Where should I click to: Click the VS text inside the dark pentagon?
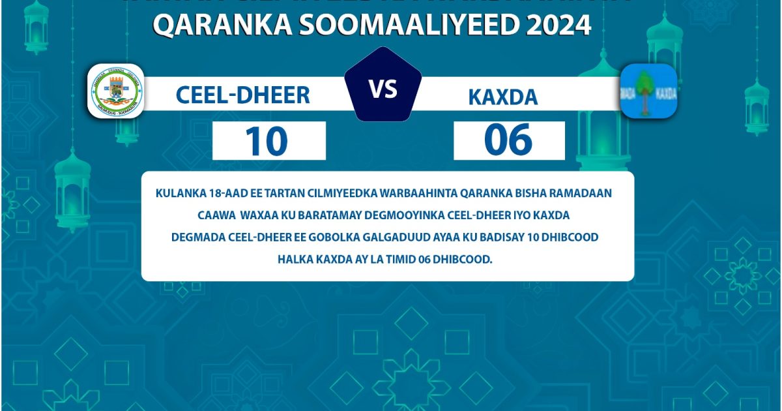click(x=383, y=89)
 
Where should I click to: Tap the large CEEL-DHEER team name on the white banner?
click(x=242, y=95)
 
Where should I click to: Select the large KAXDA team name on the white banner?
click(x=502, y=97)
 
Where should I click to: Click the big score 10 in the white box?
click(x=267, y=141)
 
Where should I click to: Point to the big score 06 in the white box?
click(x=508, y=141)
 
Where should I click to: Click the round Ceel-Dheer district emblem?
click(x=116, y=92)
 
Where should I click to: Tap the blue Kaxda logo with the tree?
click(x=648, y=91)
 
